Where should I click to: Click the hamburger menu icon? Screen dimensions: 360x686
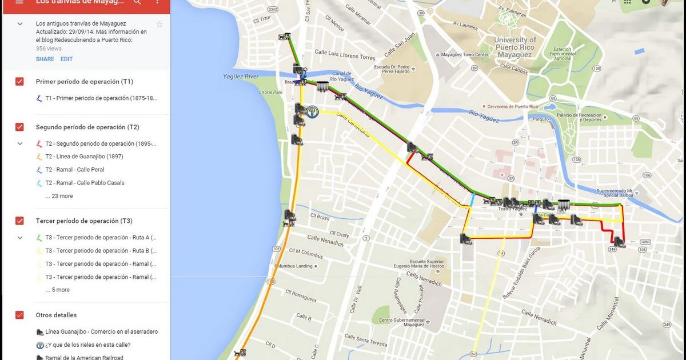[x=19, y=2]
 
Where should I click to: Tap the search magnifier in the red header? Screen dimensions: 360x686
[x=137, y=2]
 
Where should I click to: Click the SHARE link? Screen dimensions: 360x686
[x=45, y=59]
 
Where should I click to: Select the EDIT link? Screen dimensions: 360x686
[x=67, y=59]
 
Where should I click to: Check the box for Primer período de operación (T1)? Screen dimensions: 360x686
[x=19, y=82]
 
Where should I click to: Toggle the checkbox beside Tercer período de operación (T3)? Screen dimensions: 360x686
[x=19, y=221]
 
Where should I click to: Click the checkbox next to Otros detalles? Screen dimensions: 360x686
[x=19, y=315]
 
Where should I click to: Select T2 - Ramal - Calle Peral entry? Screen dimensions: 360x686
[x=74, y=170]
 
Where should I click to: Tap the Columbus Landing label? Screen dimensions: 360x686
[x=293, y=266]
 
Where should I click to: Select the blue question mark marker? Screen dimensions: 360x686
[x=312, y=112]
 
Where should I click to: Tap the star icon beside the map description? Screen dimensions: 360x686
[x=159, y=24]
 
